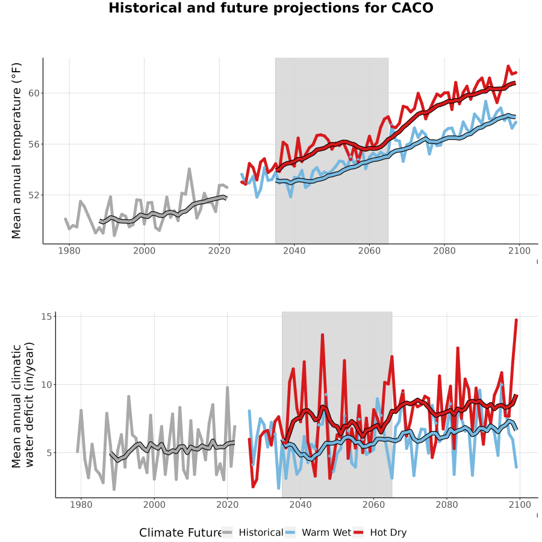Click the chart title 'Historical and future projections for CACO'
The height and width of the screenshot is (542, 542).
coord(271,8)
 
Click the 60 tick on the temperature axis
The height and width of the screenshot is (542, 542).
coord(34,93)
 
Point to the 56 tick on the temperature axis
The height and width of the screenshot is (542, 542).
coord(34,144)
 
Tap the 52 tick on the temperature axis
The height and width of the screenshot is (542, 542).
coord(34,195)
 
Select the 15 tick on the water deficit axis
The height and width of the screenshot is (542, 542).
coord(46,317)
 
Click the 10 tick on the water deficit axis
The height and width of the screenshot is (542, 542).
coord(46,385)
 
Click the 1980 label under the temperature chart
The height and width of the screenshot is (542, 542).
coord(69,251)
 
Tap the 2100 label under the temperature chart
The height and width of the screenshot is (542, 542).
coord(519,251)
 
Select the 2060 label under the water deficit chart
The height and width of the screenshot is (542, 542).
coord(373,505)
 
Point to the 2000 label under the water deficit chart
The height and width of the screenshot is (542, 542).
coord(154,505)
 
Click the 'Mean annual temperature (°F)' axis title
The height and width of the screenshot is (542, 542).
coord(16,151)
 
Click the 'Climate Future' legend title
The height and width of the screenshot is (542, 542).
coord(180,533)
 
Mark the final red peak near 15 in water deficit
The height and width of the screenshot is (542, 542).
coord(517,320)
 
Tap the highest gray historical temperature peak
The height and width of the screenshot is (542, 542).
coord(189,169)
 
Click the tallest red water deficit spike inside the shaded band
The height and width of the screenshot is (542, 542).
coord(323,335)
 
